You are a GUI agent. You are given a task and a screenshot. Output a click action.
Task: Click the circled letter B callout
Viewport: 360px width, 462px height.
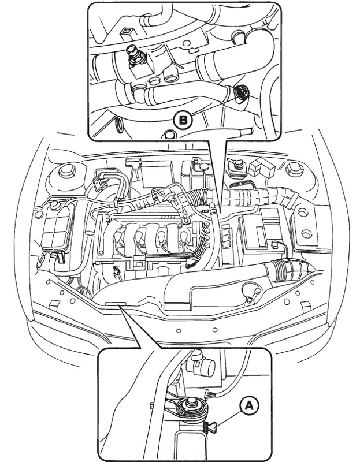click(x=183, y=120)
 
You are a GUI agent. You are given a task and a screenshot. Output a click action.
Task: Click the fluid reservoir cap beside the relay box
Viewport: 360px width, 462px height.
click(x=235, y=165)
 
